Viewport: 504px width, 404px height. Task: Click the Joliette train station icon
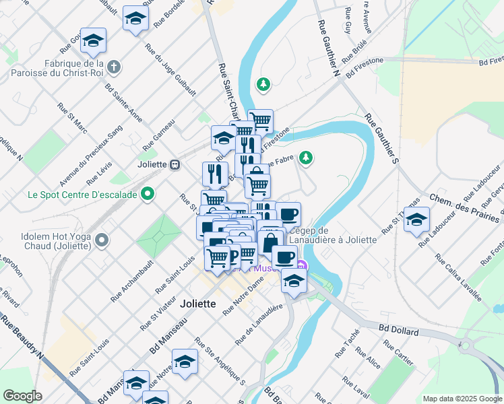[175, 164]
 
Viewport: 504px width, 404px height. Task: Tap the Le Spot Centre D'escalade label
[82, 195]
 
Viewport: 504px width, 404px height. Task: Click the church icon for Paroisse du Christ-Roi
[115, 67]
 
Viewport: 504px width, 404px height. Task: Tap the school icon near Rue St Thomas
[416, 220]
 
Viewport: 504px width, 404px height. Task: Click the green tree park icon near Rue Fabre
[307, 158]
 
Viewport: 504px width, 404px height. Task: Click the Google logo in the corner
[23, 396]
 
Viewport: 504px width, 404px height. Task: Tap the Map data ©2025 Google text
[462, 399]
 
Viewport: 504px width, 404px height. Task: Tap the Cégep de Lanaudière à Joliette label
[328, 236]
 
